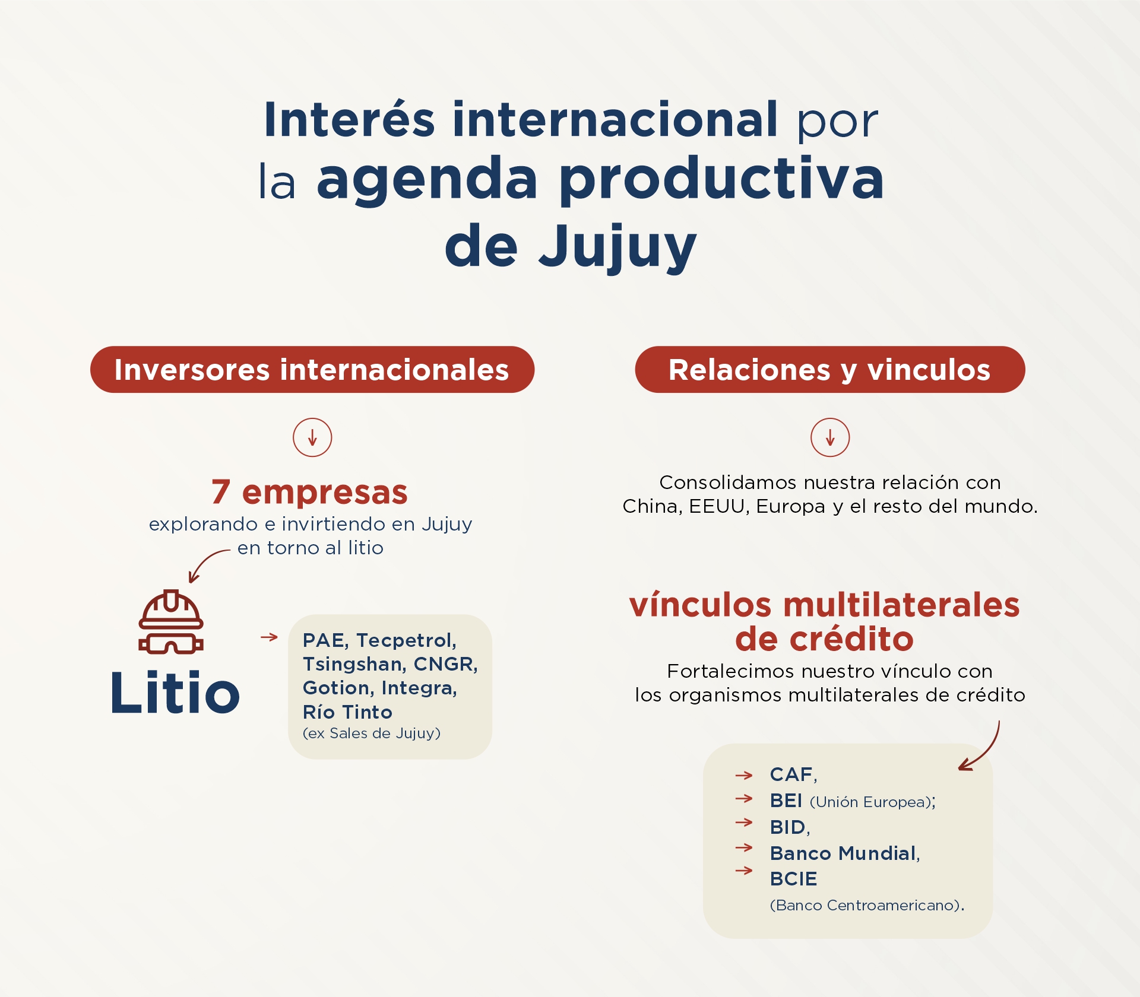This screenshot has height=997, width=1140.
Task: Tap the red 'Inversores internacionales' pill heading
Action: (x=312, y=369)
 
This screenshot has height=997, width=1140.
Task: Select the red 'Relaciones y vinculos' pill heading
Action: (x=830, y=369)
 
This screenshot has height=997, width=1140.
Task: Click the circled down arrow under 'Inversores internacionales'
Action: (x=312, y=437)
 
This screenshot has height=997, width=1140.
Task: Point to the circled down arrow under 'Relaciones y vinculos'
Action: (x=830, y=437)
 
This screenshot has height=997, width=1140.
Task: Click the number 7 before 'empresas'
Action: (x=221, y=492)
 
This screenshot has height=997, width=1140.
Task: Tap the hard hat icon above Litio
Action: (x=171, y=621)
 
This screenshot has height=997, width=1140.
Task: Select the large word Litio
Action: (x=175, y=692)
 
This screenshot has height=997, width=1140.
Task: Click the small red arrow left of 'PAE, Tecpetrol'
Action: (x=269, y=637)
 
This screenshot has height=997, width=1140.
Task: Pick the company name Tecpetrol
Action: (x=407, y=640)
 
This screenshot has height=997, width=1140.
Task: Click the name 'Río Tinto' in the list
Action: (x=347, y=712)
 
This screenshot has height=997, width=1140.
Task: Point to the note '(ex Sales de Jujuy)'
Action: (x=372, y=734)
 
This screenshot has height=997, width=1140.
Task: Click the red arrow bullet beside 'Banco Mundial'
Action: (x=744, y=847)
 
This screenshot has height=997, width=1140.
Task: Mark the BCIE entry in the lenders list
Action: (x=793, y=879)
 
